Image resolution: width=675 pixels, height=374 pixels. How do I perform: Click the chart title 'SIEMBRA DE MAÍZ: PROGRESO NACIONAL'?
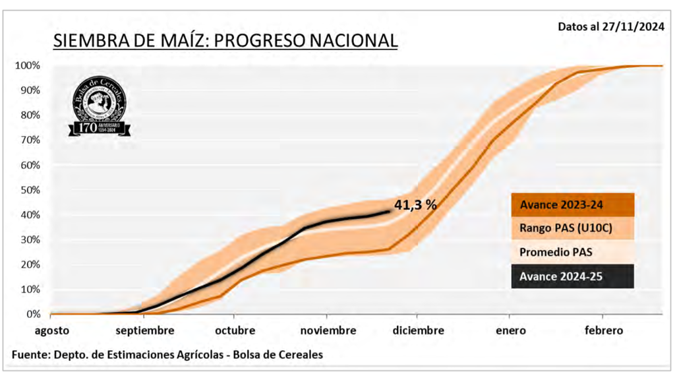pyautogui.click(x=225, y=40)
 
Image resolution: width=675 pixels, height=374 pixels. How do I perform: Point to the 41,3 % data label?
pyautogui.click(x=415, y=204)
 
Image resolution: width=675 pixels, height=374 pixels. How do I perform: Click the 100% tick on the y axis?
pyautogui.click(x=28, y=66)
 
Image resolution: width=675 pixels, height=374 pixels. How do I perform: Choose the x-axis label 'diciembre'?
pyautogui.click(x=419, y=330)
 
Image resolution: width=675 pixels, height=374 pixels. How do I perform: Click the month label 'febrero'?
pyautogui.click(x=603, y=330)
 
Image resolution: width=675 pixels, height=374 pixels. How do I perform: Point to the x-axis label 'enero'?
pyautogui.click(x=512, y=330)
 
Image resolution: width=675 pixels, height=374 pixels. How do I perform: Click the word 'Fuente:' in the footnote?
pyautogui.click(x=31, y=354)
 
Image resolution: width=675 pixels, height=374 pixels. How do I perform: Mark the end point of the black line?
pyautogui.click(x=390, y=211)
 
